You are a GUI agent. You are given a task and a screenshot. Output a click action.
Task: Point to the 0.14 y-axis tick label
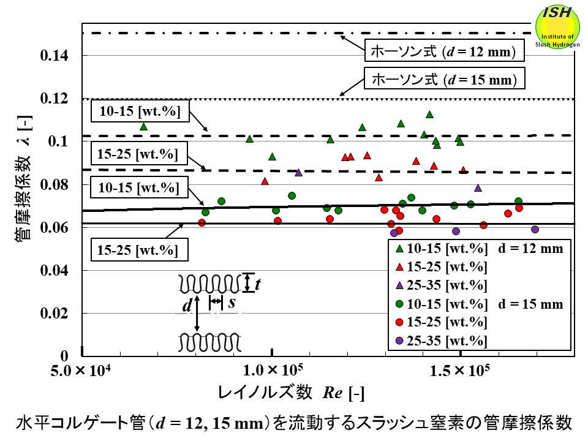click(x=55, y=56)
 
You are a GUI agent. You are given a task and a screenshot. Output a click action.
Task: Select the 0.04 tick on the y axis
click(x=55, y=271)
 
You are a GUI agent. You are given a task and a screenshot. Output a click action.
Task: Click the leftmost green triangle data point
click(x=143, y=126)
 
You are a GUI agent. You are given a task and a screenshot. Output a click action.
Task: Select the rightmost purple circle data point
click(x=535, y=229)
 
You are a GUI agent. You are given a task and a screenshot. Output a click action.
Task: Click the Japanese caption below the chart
click(x=294, y=423)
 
